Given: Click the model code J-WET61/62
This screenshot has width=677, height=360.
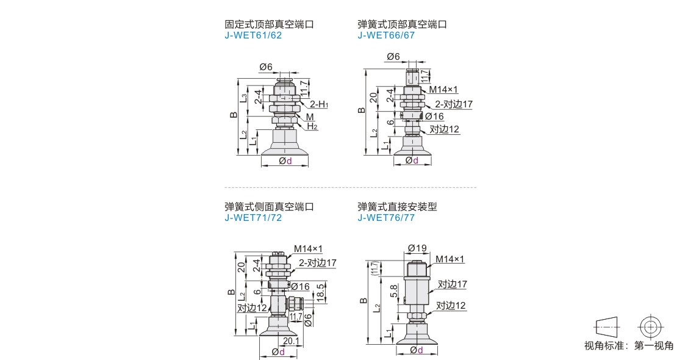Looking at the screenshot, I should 253,35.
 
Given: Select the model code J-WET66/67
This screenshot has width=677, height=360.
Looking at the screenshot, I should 386,35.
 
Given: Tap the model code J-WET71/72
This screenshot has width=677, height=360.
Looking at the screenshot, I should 253,218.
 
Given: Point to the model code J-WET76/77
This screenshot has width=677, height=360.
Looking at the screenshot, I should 386,218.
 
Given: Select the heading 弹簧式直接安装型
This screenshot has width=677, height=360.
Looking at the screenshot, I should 397,207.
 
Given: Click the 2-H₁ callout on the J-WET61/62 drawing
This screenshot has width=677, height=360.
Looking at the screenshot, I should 318,105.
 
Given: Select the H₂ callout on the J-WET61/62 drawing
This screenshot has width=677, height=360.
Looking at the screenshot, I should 312,127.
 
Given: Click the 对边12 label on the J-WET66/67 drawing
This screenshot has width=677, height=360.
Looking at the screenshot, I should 444,129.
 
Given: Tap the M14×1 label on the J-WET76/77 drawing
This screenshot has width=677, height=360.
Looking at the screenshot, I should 450,259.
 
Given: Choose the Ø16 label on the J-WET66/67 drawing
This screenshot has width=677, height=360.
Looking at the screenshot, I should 434,117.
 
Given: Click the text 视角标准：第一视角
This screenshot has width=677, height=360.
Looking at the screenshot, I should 628,346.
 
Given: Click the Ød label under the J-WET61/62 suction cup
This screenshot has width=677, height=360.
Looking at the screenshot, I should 285,161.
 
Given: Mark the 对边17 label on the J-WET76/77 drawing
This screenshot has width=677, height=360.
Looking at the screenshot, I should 452,284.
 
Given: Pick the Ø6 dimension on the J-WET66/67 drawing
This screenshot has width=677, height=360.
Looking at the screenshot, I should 393,57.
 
